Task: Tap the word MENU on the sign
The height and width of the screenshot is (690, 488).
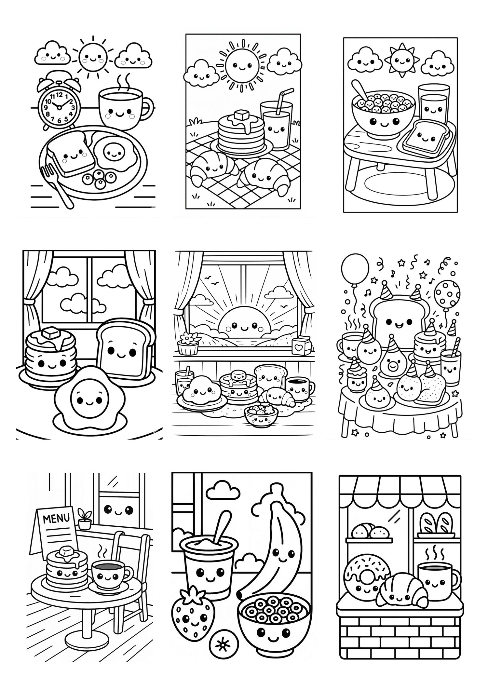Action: (56, 518)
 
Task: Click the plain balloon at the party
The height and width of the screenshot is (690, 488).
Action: (355, 270)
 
